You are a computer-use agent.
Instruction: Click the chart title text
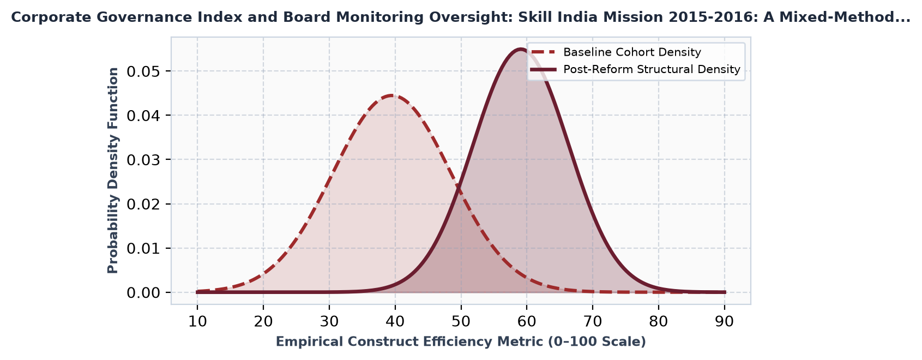coord(461,17)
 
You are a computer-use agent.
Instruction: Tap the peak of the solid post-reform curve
coord(520,50)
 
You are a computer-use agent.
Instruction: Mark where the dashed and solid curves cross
coord(458,189)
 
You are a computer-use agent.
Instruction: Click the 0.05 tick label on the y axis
coord(143,71)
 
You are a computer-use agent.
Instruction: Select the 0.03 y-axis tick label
coord(143,160)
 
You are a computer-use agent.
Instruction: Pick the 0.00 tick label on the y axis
coord(143,293)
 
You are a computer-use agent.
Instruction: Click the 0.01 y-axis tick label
coord(143,248)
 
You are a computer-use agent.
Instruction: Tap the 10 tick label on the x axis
coord(197,321)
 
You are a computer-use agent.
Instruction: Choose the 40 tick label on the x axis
coord(395,321)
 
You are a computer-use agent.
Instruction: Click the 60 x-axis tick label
coord(527,321)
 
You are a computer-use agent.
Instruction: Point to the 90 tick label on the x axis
coord(725,321)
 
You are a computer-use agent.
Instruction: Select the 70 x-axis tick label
coord(593,321)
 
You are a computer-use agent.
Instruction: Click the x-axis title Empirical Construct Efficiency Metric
coord(461,342)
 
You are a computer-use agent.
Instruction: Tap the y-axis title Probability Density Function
coord(113,171)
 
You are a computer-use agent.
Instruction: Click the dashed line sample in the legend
coord(543,52)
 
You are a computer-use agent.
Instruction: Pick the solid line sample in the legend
coord(543,70)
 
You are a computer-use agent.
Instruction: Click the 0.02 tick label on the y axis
coord(143,205)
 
